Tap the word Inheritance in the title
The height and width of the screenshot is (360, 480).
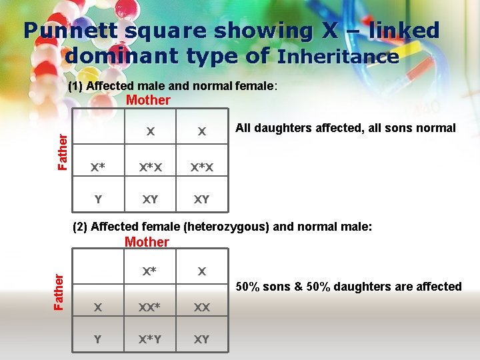click(338, 56)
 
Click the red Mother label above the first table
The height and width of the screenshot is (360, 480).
click(148, 101)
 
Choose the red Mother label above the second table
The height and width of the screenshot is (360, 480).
click(147, 242)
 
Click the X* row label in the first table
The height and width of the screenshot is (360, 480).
click(98, 167)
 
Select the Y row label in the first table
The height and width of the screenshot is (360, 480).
click(98, 199)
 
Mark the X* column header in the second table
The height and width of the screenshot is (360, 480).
click(150, 271)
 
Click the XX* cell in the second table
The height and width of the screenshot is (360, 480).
click(150, 307)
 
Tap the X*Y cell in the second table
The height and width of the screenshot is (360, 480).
click(150, 339)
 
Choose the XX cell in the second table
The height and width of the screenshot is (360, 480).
click(201, 307)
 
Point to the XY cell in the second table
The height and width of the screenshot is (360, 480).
click(201, 339)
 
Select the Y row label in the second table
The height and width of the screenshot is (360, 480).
click(98, 339)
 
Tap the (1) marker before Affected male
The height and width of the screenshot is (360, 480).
click(76, 86)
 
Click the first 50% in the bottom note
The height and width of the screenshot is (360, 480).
click(251, 287)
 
